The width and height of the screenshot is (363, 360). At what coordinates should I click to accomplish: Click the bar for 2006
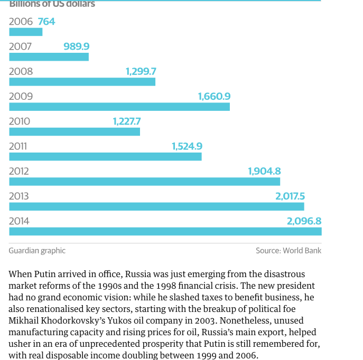(25, 32)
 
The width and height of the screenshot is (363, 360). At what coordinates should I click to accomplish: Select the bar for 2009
(119, 107)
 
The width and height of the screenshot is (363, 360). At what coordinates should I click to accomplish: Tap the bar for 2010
(75, 131)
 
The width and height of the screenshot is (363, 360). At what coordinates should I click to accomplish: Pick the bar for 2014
(165, 231)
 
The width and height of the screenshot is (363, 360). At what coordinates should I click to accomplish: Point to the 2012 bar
(144, 182)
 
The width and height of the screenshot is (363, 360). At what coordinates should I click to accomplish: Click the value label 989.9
(77, 46)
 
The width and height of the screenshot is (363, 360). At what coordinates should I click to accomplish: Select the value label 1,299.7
(141, 71)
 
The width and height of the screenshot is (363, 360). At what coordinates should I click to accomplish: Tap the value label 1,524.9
(187, 146)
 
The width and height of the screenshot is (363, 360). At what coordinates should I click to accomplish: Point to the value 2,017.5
(290, 196)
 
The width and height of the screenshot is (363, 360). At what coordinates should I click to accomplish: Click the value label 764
(46, 22)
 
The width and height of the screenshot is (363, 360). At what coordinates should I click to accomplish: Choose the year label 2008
(21, 71)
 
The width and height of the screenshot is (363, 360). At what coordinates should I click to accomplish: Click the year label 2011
(18, 146)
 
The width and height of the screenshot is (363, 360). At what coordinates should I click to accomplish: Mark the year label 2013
(19, 196)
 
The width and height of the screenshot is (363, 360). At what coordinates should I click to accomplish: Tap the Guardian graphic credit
(37, 251)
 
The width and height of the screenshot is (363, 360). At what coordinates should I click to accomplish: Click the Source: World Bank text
(288, 251)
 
